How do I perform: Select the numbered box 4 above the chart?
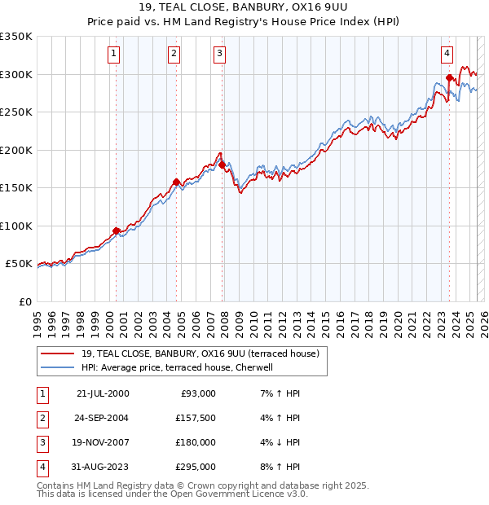click(x=447, y=54)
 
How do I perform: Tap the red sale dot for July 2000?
click(x=116, y=231)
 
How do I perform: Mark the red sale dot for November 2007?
click(x=222, y=165)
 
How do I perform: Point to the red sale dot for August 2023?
click(x=449, y=78)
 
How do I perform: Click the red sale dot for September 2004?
click(x=176, y=182)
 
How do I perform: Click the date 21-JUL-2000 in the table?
click(x=103, y=393)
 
